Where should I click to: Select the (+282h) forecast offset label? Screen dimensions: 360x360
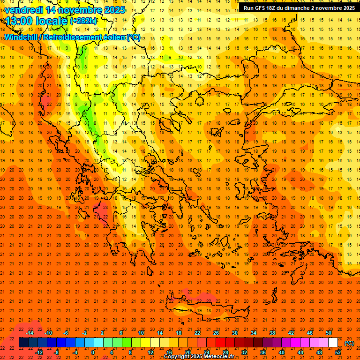coord(83,21)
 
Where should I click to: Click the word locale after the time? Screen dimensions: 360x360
coord(52,21)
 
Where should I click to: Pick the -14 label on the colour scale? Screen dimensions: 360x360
coord(30,333)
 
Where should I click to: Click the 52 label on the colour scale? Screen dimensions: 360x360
coord(338,352)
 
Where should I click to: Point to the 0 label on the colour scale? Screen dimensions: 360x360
coord(93,352)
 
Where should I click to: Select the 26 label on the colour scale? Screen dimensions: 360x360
coord(216,333)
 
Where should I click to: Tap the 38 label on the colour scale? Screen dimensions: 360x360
coord(272,333)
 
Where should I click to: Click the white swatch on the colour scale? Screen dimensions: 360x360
coord(333,343)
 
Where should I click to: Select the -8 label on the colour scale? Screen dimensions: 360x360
coord(57,352)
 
